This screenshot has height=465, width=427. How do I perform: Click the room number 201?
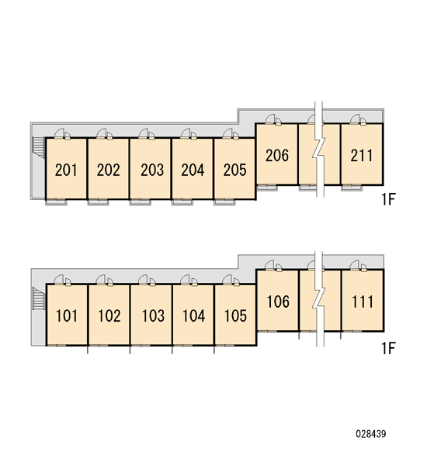point(66,170)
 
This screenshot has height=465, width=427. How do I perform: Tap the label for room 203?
point(152,170)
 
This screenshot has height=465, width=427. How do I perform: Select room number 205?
point(234,170)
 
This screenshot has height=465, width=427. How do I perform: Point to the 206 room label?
point(277,156)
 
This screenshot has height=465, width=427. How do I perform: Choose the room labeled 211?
point(361,156)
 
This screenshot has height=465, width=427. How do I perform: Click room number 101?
point(67,316)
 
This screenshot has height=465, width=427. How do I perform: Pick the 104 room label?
point(193,316)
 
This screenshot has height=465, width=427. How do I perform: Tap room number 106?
point(278,301)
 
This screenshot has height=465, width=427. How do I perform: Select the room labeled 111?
point(363,301)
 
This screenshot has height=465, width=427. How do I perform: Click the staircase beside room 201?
point(38,146)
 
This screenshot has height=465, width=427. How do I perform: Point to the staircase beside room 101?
point(38,298)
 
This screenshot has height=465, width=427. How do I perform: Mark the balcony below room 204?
point(182,202)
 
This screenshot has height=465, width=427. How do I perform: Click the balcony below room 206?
point(266,188)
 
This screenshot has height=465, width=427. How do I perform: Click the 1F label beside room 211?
point(388,199)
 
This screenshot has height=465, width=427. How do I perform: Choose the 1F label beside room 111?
point(388,348)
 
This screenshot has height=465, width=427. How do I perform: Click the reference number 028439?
point(371,434)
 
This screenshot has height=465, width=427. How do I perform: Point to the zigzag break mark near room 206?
point(319,149)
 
